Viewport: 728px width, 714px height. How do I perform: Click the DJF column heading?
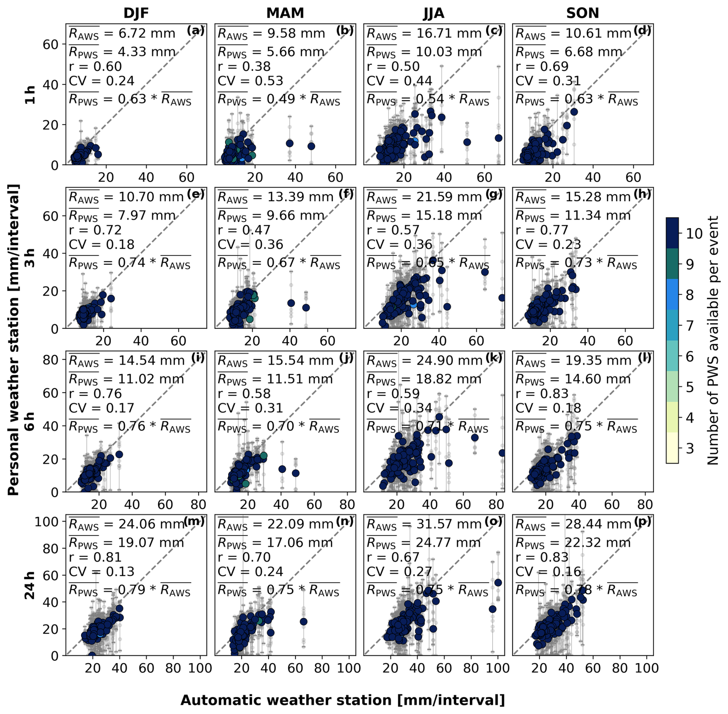pos(136,13)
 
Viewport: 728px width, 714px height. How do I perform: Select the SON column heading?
pos(582,13)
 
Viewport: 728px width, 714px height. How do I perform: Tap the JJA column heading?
pos(434,13)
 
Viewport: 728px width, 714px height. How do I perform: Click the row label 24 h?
pos(30,585)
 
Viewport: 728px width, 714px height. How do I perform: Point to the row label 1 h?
pos(30,95)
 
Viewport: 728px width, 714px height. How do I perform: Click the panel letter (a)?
pos(196,30)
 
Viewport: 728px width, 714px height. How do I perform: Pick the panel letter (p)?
pos(642,521)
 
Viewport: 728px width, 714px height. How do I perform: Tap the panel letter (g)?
pos(494,194)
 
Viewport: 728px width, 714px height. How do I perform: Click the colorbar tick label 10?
pos(694,234)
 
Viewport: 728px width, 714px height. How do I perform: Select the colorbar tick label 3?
pos(690,448)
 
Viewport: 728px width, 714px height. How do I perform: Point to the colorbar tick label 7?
pos(690,326)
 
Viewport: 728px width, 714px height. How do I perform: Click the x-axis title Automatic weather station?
pos(342,700)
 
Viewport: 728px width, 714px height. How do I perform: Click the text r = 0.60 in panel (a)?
pos(95,67)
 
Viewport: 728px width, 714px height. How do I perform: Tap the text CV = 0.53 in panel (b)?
pos(250,81)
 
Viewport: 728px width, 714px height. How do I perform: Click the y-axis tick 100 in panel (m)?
pos(47,522)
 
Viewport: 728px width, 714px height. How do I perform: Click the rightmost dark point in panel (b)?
pos(311,146)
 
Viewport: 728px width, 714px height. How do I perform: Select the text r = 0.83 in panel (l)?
pos(542,394)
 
